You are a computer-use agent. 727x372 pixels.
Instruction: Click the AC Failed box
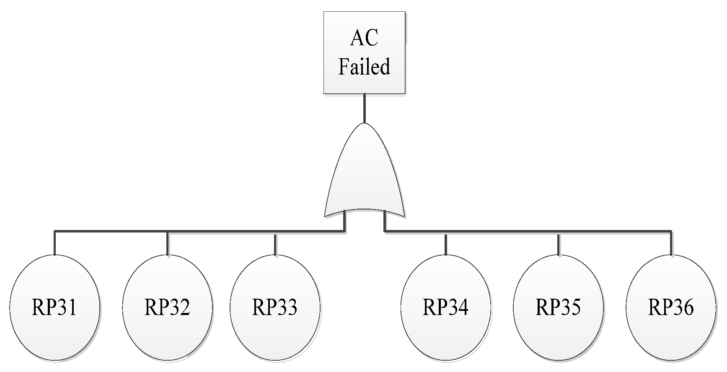click(x=364, y=53)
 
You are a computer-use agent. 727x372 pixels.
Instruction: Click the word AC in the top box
click(x=364, y=38)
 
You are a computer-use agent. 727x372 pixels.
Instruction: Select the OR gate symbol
click(x=364, y=176)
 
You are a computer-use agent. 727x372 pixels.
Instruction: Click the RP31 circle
click(x=55, y=307)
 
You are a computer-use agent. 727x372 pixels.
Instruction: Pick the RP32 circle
click(x=167, y=307)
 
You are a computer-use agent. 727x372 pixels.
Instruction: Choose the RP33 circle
click(x=275, y=307)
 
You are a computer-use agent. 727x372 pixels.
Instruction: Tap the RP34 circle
click(x=445, y=307)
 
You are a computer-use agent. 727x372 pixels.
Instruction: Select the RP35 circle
click(x=558, y=307)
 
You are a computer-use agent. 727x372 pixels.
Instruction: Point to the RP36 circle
click(x=671, y=307)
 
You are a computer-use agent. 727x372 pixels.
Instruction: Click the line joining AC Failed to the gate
click(x=365, y=108)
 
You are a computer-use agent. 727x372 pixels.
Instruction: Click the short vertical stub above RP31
click(x=55, y=243)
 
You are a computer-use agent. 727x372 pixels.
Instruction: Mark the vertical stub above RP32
click(x=168, y=243)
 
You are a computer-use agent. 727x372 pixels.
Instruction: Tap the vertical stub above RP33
click(x=275, y=245)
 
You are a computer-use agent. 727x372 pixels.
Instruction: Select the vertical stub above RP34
click(x=446, y=245)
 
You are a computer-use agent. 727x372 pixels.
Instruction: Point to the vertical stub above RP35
click(x=558, y=245)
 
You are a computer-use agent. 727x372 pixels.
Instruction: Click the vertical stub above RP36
click(x=671, y=243)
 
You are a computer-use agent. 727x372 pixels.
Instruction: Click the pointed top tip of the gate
click(x=365, y=124)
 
